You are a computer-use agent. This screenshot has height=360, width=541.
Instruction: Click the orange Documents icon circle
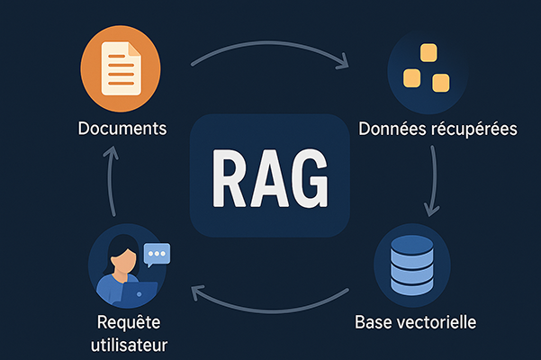[121, 69]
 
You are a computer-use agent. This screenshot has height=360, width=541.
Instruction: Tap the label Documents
[122, 129]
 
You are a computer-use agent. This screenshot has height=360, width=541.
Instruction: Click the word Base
[375, 321]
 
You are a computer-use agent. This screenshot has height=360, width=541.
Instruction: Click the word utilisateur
[133, 345]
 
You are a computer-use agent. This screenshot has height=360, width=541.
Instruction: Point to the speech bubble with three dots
[157, 255]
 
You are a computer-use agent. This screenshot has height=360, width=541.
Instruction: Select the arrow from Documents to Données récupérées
[270, 56]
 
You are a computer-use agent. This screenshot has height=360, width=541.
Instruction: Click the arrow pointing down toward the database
[435, 180]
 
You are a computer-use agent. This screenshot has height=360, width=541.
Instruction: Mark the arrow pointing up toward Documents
[109, 184]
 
